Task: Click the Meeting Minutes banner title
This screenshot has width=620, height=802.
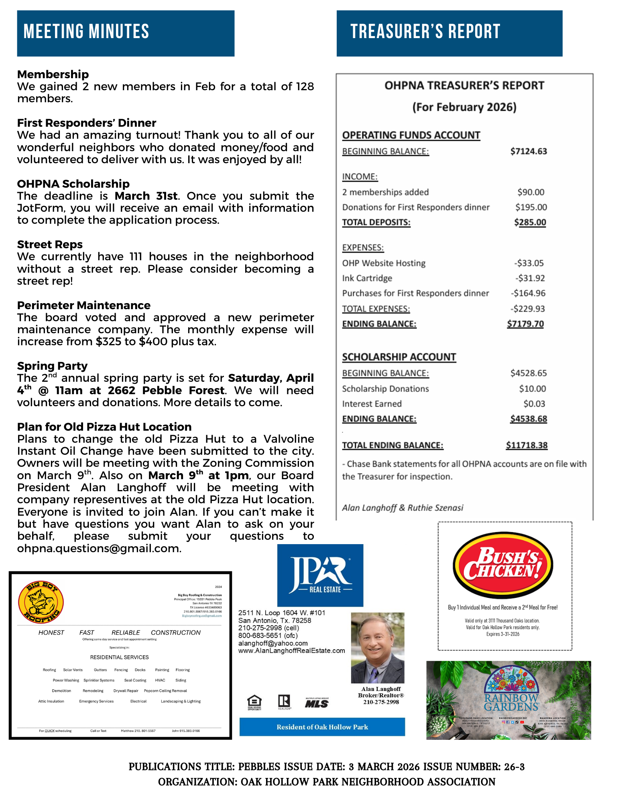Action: pyautogui.click(x=86, y=32)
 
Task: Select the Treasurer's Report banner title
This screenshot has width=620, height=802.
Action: pyautogui.click(x=425, y=32)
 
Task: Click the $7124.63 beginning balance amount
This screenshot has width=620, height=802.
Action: pyautogui.click(x=529, y=151)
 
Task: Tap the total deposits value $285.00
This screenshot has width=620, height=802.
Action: pyautogui.click(x=530, y=222)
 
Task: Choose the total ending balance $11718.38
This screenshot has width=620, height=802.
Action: pyautogui.click(x=526, y=445)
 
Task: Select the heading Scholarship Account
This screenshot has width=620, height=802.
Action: pyautogui.click(x=399, y=357)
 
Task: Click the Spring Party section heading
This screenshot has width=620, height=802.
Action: pyautogui.click(x=52, y=366)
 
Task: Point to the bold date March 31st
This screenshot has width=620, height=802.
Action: pyautogui.click(x=146, y=196)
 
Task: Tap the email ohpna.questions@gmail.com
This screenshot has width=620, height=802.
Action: pyautogui.click(x=99, y=548)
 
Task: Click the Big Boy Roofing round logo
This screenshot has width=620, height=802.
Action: pyautogui.click(x=41, y=602)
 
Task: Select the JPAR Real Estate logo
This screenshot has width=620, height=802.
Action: pyautogui.click(x=320, y=575)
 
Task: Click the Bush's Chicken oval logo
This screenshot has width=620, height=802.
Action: pyautogui.click(x=503, y=565)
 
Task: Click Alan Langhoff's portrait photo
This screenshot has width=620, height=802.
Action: pyautogui.click(x=378, y=647)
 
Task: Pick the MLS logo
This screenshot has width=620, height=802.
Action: pyautogui.click(x=317, y=703)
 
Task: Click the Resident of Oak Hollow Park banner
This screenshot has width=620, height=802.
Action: pyautogui.click(x=322, y=727)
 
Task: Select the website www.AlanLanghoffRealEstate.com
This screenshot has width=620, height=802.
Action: pyautogui.click(x=291, y=650)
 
